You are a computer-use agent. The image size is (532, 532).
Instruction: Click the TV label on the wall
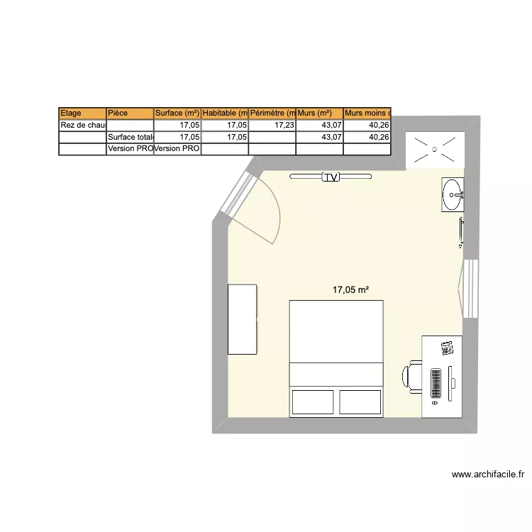tap(331, 177)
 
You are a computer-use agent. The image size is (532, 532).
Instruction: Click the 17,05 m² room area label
tap(351, 289)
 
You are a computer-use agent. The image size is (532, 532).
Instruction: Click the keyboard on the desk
tap(436, 383)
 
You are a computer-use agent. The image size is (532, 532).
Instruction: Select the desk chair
tap(414, 377)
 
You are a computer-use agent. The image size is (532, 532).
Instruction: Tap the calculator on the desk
tap(447, 348)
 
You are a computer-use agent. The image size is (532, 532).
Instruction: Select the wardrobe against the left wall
tap(242, 318)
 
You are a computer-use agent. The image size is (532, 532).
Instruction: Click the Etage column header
tap(82, 113)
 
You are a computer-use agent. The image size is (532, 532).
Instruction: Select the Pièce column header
tap(129, 113)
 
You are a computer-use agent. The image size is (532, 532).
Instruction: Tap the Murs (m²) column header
tap(319, 113)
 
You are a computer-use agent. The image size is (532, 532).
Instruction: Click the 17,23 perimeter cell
tap(272, 125)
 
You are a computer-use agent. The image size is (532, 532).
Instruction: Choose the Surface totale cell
tap(129, 137)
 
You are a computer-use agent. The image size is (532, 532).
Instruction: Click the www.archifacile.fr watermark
tap(487, 475)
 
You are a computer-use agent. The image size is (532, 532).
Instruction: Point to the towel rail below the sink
tap(462, 233)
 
